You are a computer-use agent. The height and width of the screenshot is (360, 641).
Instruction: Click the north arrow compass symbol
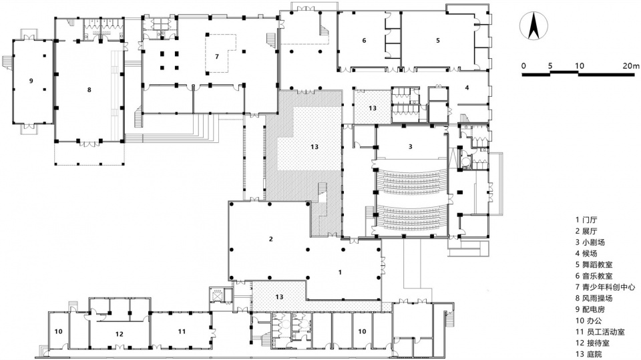533,26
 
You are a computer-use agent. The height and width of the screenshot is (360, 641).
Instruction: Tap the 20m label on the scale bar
631,65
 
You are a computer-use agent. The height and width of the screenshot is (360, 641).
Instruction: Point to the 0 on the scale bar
523,65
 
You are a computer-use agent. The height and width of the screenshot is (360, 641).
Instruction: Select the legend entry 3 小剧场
590,242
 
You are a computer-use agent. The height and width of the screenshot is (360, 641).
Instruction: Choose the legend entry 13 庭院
589,354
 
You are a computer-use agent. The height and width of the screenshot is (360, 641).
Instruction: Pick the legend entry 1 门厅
586,220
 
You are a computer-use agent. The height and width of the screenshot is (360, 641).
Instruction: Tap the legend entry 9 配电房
590,310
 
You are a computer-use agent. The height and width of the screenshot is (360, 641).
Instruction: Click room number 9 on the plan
31,81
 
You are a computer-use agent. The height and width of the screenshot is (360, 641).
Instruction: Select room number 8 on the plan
89,90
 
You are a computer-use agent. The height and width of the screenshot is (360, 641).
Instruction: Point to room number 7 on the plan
216,57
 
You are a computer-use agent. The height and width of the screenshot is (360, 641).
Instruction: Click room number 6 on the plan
364,40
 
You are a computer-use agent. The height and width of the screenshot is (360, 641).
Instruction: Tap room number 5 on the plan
438,40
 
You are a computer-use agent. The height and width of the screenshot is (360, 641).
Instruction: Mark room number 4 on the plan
467,87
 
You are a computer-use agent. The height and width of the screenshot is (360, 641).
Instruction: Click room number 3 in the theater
411,146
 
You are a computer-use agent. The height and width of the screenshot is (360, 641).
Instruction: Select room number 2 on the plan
270,239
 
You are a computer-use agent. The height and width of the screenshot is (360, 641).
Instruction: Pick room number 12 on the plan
119,334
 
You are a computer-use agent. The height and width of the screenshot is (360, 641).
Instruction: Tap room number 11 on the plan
182,331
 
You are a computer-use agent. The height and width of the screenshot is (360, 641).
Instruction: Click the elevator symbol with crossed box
216,295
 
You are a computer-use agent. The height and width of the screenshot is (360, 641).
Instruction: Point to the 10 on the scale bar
580,65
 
